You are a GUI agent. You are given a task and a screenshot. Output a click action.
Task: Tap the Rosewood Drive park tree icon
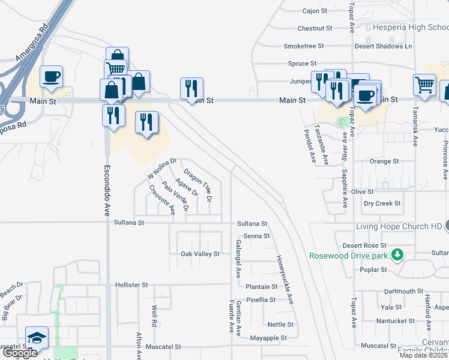396,256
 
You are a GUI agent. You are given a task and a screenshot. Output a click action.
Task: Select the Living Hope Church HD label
399,226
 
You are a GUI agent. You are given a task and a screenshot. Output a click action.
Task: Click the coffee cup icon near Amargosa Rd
52,77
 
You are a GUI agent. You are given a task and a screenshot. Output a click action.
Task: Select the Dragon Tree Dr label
198,184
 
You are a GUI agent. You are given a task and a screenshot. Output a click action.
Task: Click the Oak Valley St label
200,254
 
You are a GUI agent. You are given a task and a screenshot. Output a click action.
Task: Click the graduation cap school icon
37,338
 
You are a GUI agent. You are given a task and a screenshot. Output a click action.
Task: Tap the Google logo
20,353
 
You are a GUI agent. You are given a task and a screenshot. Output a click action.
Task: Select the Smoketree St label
304,46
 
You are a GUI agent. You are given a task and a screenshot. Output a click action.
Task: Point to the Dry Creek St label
382,203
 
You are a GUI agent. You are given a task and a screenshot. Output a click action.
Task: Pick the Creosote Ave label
162,200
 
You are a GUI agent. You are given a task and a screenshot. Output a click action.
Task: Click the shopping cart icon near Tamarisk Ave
424,85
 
